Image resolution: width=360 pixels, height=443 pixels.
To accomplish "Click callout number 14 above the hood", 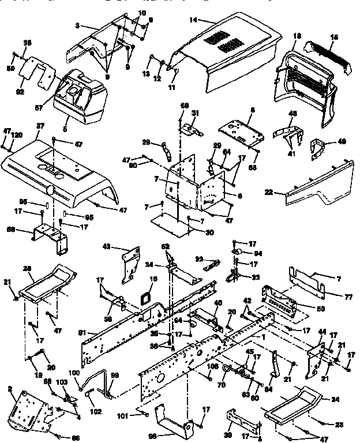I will (193, 20).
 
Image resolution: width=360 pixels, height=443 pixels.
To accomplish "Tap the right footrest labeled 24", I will (291, 407).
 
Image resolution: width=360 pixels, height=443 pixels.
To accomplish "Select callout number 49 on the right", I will (342, 141).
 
